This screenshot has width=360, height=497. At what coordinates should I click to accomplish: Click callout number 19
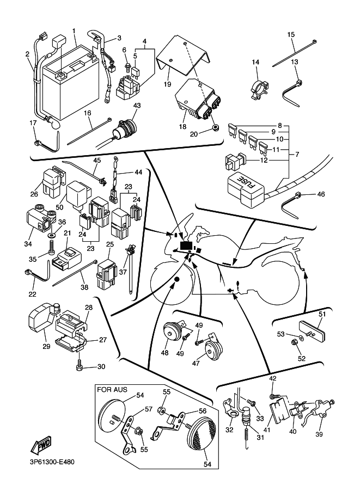coord(168,85)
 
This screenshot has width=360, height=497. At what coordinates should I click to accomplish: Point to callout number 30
coord(101,366)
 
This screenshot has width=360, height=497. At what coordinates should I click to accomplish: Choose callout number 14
coord(255,62)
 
